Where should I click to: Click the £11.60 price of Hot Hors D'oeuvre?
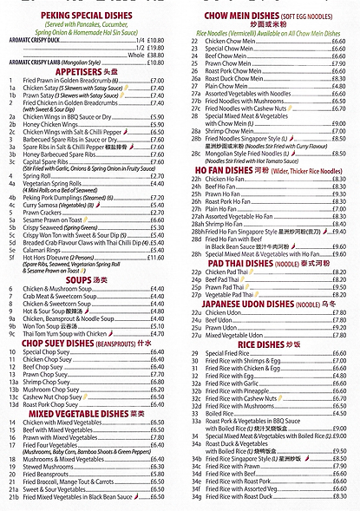click(x=155, y=257)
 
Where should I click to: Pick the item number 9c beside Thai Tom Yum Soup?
click(x=12, y=332)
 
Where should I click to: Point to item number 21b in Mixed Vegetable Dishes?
click(x=13, y=497)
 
